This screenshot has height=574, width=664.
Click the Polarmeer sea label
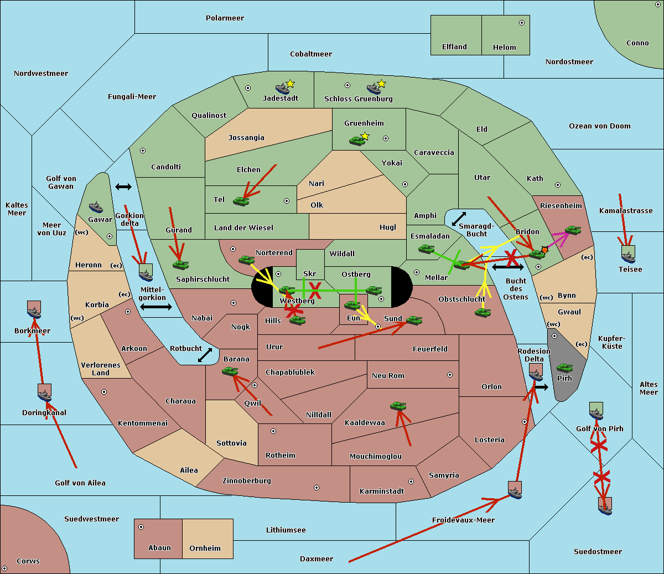click(225, 18)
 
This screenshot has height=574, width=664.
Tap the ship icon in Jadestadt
click(283, 89)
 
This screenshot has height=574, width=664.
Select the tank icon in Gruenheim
click(357, 141)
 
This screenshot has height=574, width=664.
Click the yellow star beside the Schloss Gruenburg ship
click(381, 84)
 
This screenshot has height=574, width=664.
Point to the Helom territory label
click(504, 48)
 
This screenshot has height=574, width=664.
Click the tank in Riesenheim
click(572, 230)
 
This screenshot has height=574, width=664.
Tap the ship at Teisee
click(628, 254)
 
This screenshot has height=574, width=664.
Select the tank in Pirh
click(564, 368)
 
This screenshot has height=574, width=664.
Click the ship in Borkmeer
click(34, 310)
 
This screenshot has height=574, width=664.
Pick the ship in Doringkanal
click(45, 392)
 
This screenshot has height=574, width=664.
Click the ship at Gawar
click(96, 208)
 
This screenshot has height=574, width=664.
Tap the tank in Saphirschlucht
click(180, 265)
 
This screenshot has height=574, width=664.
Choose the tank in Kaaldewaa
click(398, 406)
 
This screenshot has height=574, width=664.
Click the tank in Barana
click(230, 371)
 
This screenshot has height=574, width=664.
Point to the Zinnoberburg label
click(246, 481)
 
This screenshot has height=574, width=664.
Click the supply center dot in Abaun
click(141, 527)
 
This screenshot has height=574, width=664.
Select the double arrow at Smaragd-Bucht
click(459, 219)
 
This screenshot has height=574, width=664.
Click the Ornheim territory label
click(205, 549)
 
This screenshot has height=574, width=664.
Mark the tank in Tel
click(241, 201)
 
